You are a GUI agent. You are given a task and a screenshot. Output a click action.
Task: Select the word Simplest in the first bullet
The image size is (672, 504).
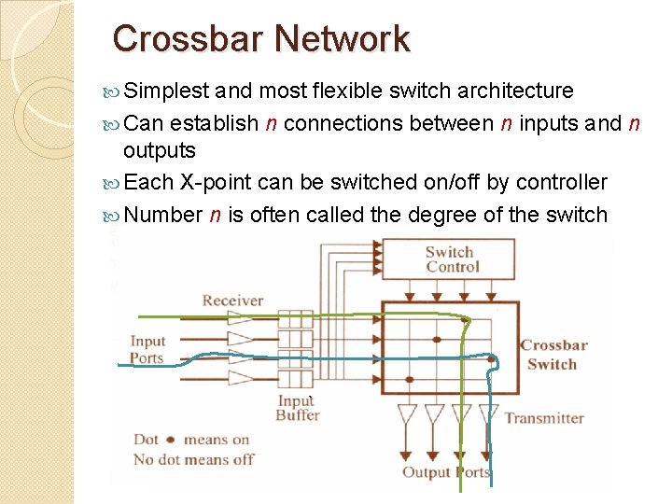coord(165,91)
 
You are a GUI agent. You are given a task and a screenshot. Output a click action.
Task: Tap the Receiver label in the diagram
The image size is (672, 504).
coord(232,301)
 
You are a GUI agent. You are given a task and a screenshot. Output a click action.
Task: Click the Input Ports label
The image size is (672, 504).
coord(147,350)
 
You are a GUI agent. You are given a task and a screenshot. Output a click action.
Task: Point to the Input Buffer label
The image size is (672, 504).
coord(297,408)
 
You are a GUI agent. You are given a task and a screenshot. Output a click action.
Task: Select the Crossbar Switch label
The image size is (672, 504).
coord(553,355)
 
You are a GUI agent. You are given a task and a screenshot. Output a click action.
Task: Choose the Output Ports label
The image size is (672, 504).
coord(445,472)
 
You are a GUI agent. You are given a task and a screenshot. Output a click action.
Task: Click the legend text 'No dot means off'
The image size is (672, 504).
coord(193,459)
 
